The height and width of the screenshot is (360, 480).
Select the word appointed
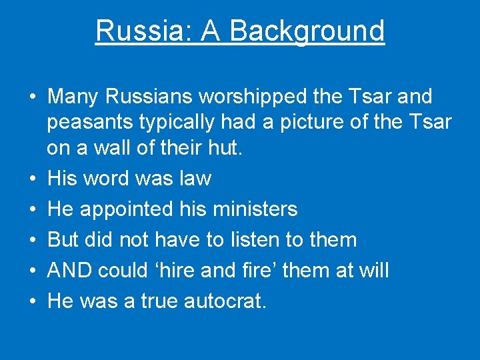pos(127,209)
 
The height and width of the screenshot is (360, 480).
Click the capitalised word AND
pos(70,271)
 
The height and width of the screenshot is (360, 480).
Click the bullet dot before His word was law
pos(33,179)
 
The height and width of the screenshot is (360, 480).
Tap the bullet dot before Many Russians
pos(33,97)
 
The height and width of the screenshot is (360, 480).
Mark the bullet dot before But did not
pos(33,240)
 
